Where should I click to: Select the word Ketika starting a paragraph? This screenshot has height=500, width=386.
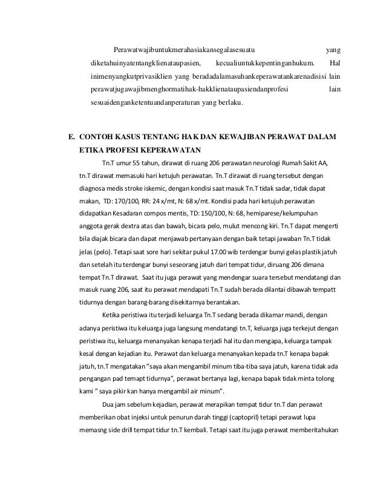coord(114,315)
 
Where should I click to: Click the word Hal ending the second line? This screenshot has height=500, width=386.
coord(337,62)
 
